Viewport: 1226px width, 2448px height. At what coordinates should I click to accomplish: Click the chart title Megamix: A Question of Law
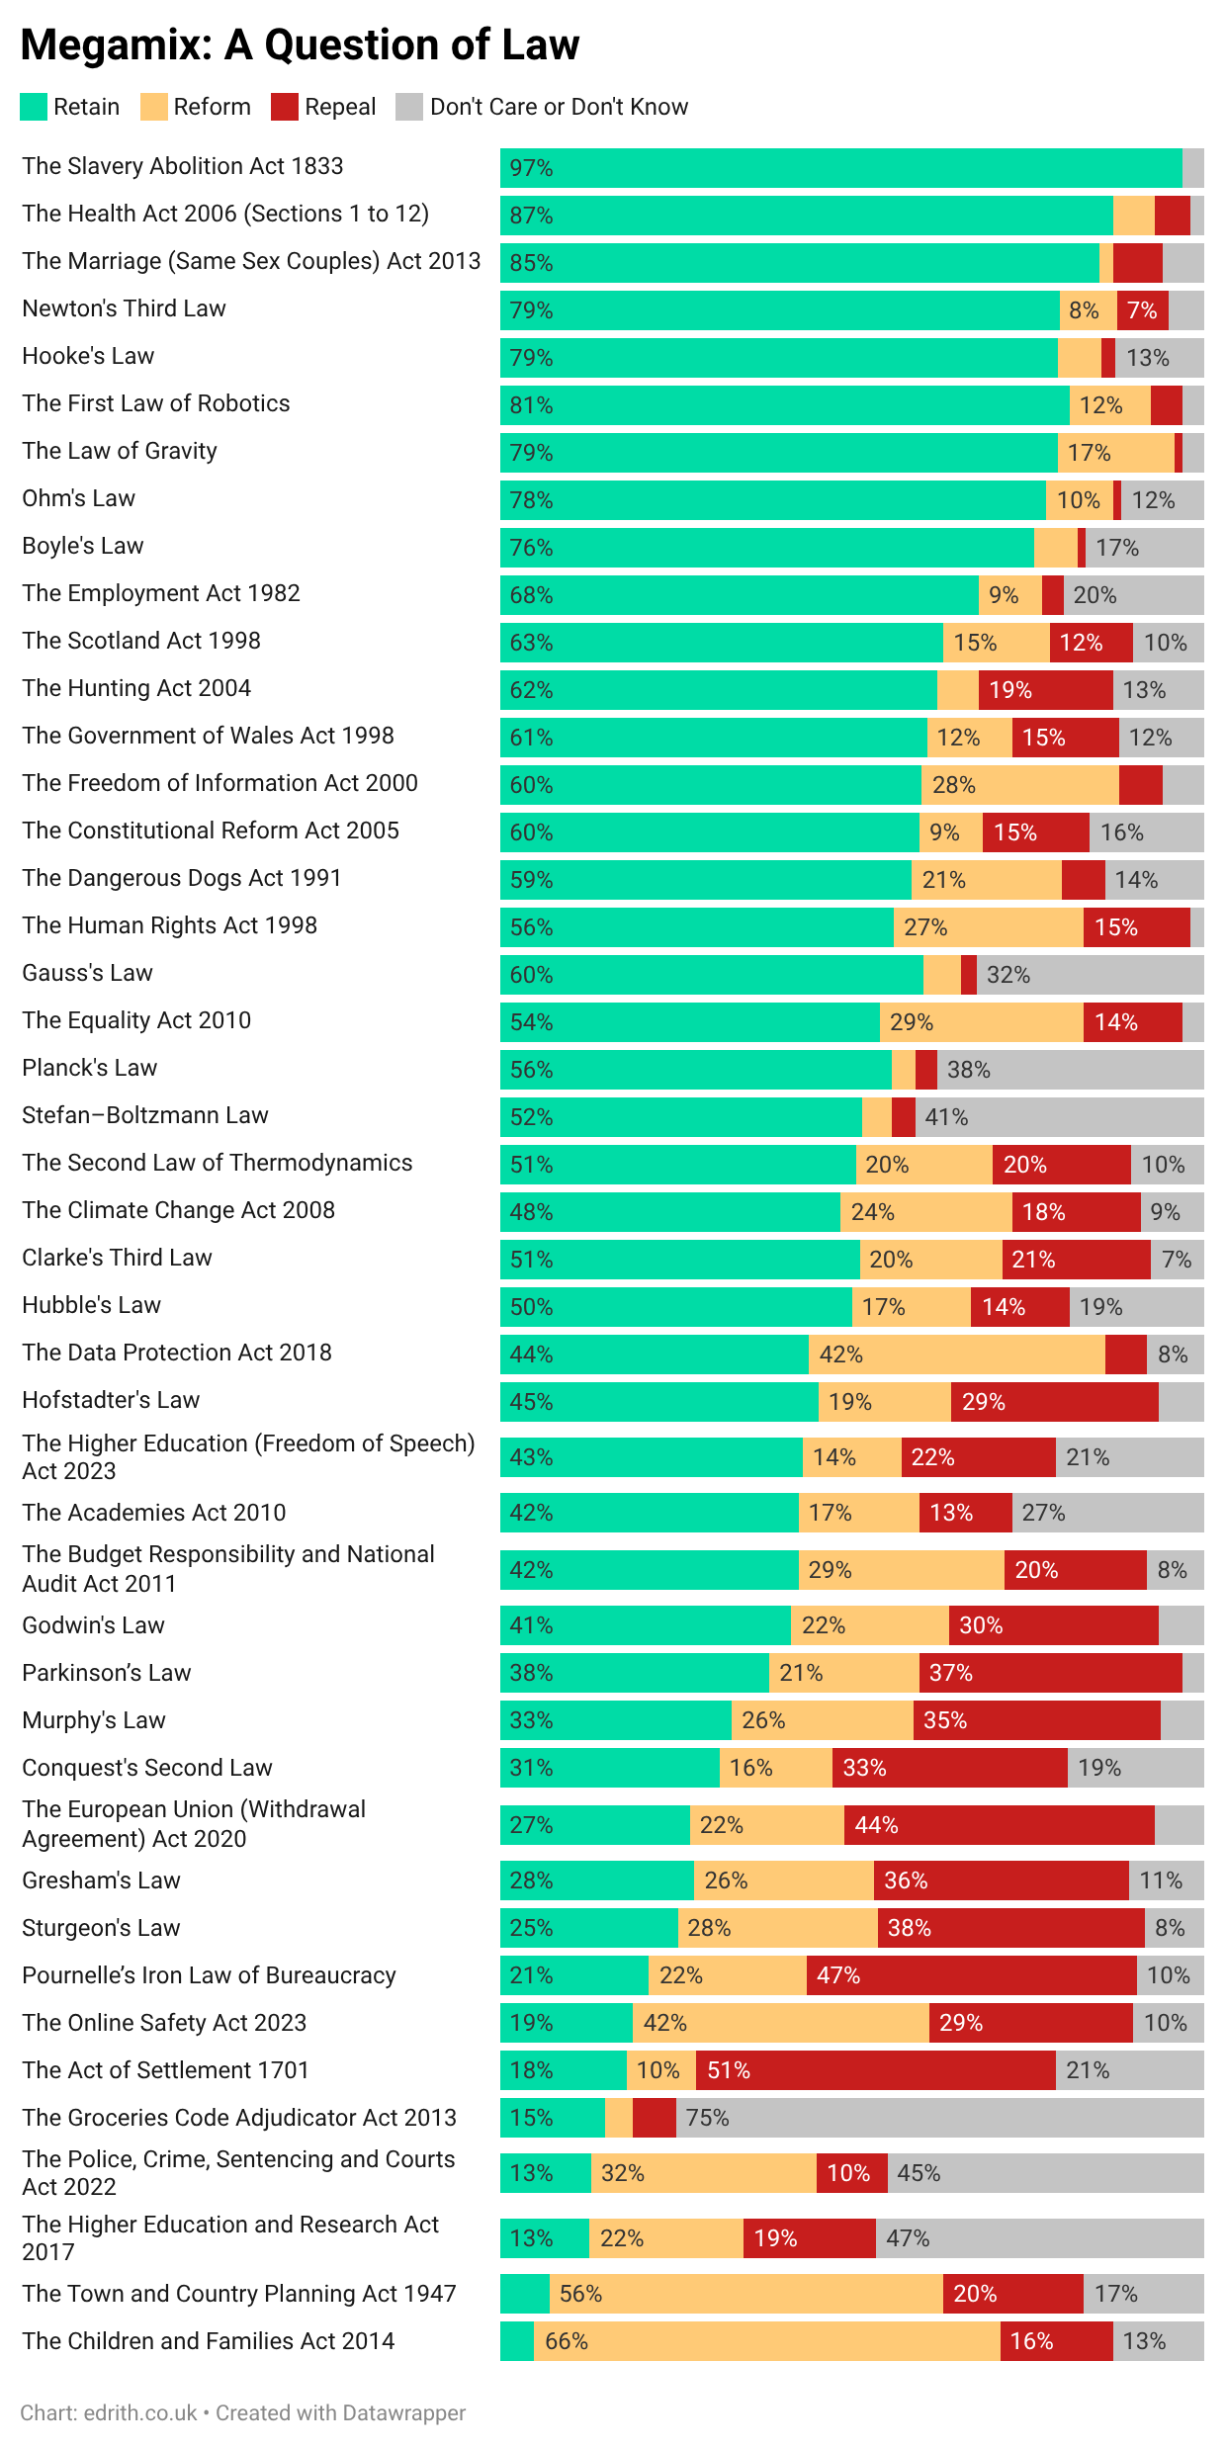300,44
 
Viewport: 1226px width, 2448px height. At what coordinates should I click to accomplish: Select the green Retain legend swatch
34,107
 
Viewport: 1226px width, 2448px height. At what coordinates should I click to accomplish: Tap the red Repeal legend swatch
285,107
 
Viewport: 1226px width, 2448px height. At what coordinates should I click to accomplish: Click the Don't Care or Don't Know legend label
559,107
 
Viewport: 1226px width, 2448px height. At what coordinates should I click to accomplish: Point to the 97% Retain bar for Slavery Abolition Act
840,168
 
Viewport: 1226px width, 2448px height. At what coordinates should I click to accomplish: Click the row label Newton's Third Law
124,308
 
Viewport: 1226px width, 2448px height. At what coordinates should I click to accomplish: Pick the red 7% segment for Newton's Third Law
1142,310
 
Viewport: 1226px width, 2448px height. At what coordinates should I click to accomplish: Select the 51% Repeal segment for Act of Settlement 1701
875,2070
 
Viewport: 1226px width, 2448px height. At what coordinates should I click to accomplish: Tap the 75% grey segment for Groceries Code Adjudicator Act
939,2118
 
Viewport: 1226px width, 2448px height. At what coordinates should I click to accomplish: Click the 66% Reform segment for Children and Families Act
766,2341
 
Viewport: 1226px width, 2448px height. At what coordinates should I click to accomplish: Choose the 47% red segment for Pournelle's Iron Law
971,1975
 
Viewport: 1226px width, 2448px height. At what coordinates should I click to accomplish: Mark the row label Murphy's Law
94,1720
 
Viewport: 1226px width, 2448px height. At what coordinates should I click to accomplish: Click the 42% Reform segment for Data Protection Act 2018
956,1355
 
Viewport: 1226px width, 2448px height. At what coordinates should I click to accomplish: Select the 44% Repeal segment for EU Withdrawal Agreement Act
999,1825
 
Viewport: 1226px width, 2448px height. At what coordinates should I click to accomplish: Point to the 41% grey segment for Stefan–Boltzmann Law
1059,1117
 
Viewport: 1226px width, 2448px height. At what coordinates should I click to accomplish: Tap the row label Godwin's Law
93,1625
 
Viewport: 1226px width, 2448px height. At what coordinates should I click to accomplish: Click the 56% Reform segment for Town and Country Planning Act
745,2294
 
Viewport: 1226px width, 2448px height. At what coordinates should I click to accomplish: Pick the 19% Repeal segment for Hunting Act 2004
1045,690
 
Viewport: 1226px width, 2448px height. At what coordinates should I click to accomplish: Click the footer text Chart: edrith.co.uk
109,2412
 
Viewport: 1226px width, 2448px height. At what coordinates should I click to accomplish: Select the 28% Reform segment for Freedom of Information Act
1019,785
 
